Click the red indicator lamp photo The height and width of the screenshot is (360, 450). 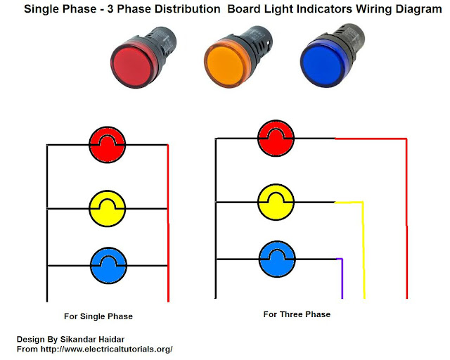pos(143,58)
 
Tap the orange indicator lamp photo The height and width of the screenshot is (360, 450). pos(238,57)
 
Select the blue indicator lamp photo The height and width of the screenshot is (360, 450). pos(333,56)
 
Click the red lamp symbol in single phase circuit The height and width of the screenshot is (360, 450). pos(108,145)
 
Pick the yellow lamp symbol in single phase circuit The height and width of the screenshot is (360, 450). pos(108,208)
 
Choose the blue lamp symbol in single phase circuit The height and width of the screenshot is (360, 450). pos(108,266)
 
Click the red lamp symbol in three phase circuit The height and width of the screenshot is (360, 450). pos(276,139)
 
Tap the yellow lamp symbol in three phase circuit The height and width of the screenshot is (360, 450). pos(276,202)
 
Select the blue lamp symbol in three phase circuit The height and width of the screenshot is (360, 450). pos(277,259)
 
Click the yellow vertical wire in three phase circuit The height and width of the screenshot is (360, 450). pos(364,250)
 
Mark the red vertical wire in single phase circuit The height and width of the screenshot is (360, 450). pos(168,223)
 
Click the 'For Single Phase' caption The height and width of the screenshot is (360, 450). pos(98,316)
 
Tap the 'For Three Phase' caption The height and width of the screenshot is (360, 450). pos(297,314)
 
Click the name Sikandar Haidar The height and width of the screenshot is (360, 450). pos(92,340)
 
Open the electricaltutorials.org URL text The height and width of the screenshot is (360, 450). pos(106,349)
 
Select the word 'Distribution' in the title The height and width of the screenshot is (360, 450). pos(188,9)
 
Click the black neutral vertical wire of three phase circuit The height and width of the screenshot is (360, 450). pos(216,218)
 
